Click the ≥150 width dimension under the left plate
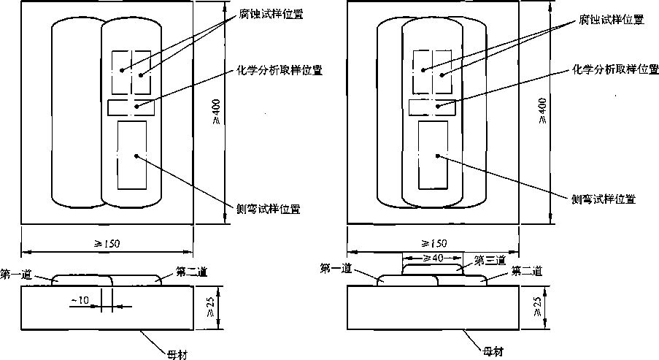(x=107, y=242)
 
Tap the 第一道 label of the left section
(x=16, y=274)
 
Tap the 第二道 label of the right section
(x=526, y=271)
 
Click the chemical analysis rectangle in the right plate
(x=432, y=107)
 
